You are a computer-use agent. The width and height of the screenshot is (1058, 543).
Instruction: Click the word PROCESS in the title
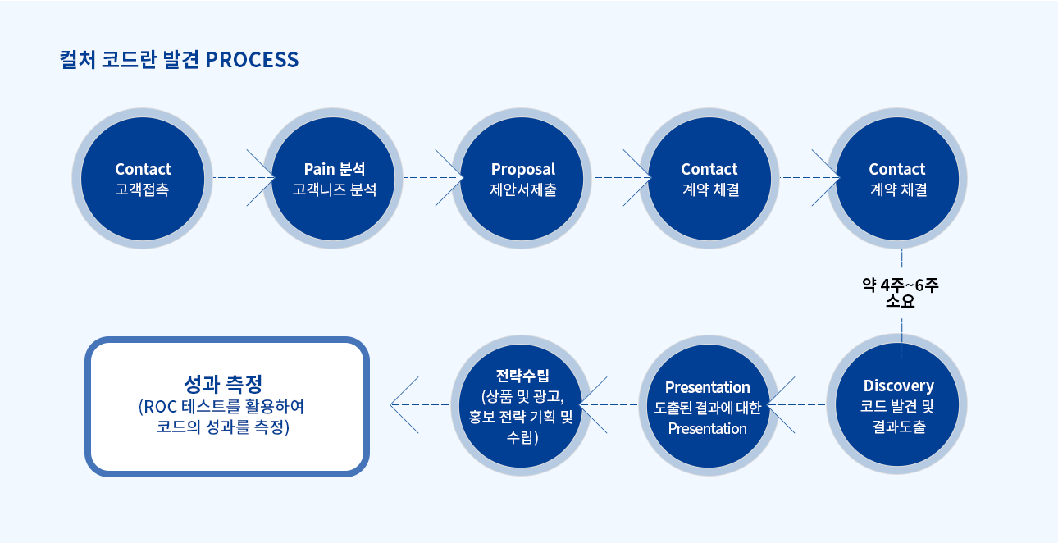point(252,60)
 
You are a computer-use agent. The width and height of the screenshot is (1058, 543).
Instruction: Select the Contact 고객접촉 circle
point(142,179)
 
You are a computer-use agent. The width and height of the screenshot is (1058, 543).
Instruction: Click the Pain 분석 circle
point(333,179)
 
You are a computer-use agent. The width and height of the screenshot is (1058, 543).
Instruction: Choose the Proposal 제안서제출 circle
point(522,179)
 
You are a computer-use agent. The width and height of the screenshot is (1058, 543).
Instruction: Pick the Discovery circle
point(897,404)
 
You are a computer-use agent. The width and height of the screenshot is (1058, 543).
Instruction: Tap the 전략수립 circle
point(521,405)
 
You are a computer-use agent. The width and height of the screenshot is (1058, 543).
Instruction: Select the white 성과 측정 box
point(227,407)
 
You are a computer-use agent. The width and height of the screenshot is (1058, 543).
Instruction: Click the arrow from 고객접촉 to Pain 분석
point(244,177)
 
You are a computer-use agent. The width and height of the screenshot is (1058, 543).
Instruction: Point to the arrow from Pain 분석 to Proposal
point(433,177)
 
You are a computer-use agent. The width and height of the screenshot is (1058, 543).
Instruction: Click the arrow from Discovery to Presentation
point(796,404)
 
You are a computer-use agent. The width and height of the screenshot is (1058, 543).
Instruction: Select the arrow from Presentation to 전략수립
point(609,404)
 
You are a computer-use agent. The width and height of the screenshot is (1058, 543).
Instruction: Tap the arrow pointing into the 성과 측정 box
point(419,404)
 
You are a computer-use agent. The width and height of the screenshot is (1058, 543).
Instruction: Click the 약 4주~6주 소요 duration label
point(901,293)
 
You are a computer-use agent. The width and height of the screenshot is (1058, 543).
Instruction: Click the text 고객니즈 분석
point(335,189)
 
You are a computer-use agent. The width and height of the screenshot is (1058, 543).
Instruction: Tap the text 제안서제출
point(523,189)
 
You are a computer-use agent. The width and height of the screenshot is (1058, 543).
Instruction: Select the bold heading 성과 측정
point(223,383)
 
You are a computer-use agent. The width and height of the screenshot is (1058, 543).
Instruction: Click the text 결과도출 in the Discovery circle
point(898,427)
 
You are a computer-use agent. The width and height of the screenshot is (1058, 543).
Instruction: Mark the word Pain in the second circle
point(319,169)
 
